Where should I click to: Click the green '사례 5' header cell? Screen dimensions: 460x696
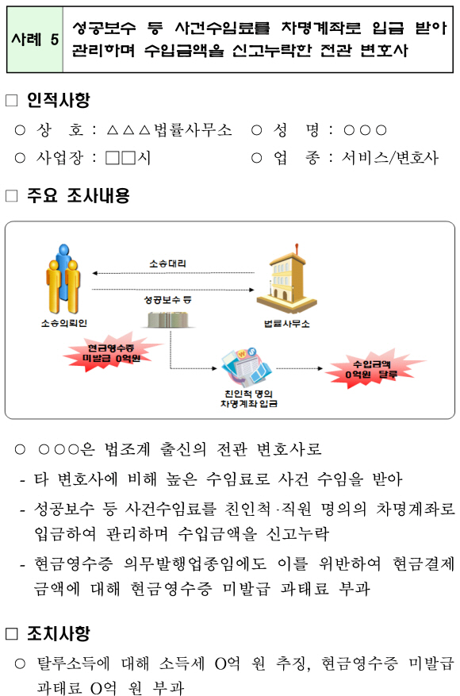click(x=35, y=40)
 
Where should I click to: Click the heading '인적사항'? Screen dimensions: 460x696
click(x=58, y=100)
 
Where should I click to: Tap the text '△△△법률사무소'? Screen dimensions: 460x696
click(x=169, y=130)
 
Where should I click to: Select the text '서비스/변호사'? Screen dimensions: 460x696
click(x=389, y=158)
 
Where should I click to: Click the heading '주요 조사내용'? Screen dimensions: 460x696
click(x=78, y=195)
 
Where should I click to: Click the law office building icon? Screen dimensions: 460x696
click(x=286, y=279)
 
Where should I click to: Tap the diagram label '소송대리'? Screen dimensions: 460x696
click(x=167, y=263)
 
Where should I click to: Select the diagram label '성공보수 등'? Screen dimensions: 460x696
click(x=167, y=300)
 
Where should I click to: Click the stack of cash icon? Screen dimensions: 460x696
click(x=167, y=320)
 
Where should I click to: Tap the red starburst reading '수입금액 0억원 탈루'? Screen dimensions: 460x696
click(x=372, y=369)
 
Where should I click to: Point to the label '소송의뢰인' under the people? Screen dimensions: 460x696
click(x=64, y=324)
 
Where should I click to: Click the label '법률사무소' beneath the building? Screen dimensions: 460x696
click(x=286, y=324)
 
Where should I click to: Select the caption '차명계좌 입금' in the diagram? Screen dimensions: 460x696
click(x=249, y=403)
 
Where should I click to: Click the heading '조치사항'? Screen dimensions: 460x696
click(x=58, y=633)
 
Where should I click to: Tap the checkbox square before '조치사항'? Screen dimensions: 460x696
click(x=12, y=634)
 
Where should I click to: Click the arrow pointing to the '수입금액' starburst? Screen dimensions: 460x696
click(x=300, y=368)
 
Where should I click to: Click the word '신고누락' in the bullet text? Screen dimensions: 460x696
click(x=297, y=534)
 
